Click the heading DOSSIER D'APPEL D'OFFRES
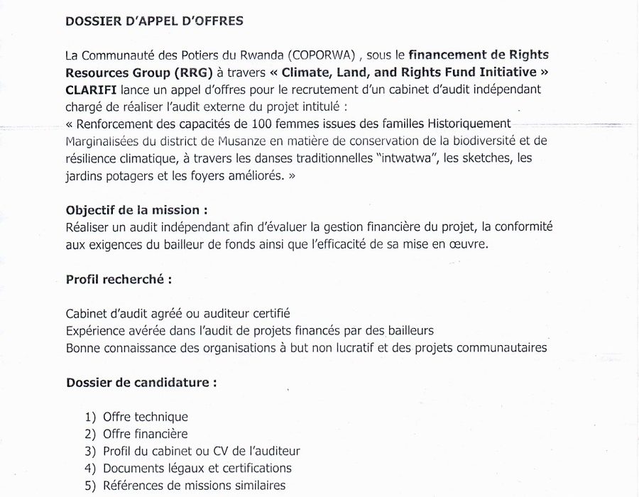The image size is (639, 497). click(x=154, y=21)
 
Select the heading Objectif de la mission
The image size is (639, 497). click(x=137, y=210)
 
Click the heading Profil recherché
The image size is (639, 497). click(x=119, y=279)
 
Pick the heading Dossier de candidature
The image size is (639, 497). click(x=141, y=382)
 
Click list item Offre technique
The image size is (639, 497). click(x=146, y=417)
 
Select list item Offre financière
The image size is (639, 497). click(x=146, y=434)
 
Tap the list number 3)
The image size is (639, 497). click(x=90, y=451)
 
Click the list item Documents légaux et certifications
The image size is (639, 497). click(x=197, y=469)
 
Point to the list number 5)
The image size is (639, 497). click(x=90, y=486)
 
